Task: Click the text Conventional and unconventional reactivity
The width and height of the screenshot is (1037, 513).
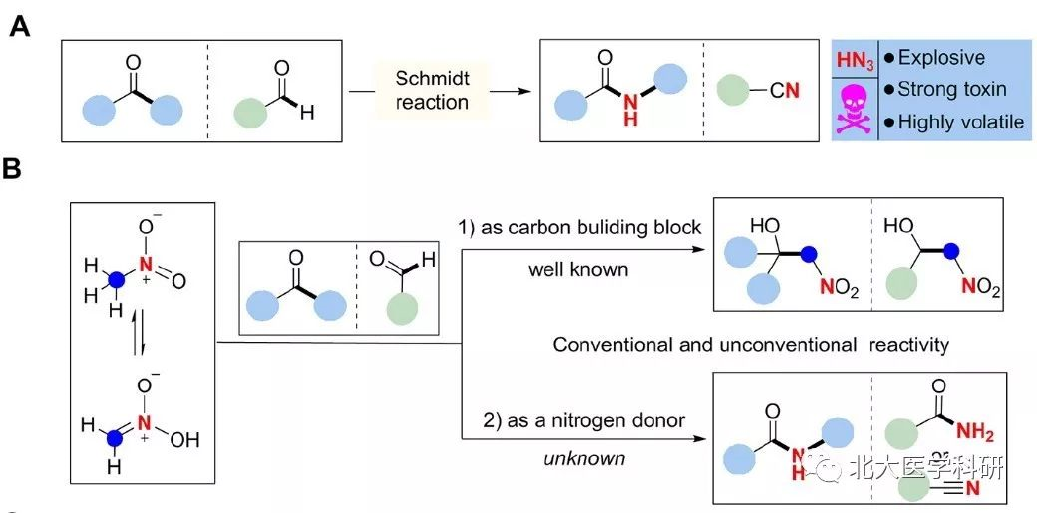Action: pyautogui.click(x=751, y=345)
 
